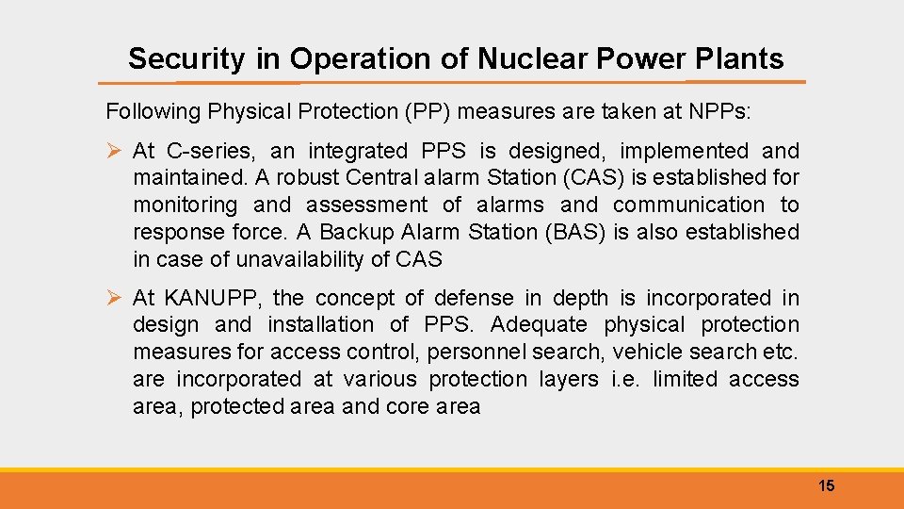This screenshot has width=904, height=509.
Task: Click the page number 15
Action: pos(826,486)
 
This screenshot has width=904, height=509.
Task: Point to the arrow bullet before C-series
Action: pos(114,151)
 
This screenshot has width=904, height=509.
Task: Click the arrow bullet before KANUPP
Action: pos(114,299)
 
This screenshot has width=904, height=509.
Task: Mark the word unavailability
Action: pos(299,259)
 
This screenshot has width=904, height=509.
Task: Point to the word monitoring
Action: pos(186,205)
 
